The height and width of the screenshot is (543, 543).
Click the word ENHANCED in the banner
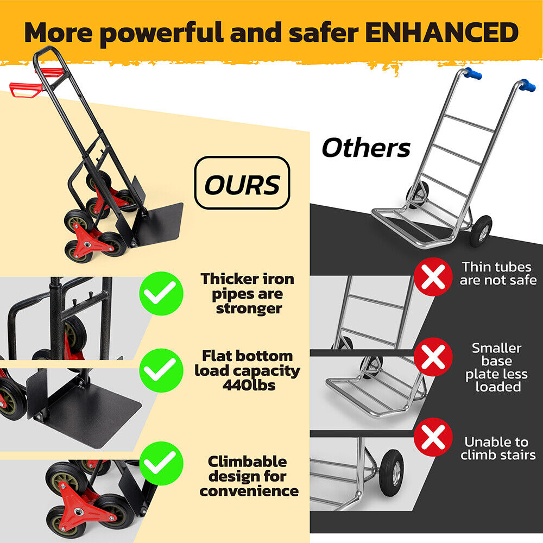tap(441, 33)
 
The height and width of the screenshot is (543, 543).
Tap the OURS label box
tap(242, 183)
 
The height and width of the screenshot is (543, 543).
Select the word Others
tap(366, 148)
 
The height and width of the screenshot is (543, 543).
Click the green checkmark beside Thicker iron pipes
tap(161, 294)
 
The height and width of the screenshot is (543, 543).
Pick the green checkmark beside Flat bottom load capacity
tap(161, 370)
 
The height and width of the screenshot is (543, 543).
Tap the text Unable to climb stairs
tap(498, 449)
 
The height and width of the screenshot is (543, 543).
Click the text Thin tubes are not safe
tap(498, 274)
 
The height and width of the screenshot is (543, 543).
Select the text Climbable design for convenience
tap(249, 476)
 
